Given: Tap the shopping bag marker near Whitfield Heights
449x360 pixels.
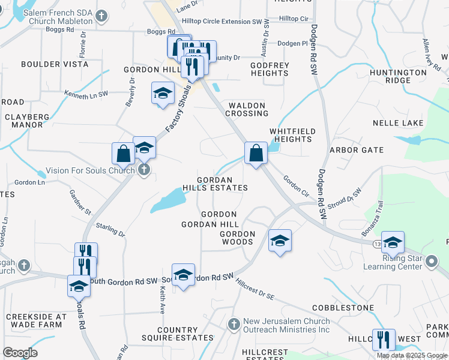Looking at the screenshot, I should (x=256, y=153).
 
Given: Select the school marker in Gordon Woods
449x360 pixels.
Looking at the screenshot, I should (x=280, y=241).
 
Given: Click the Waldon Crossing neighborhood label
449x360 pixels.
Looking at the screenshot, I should (x=247, y=109).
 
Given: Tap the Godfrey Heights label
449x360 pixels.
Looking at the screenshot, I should (x=270, y=69).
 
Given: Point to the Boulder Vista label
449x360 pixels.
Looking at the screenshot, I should (x=49, y=64).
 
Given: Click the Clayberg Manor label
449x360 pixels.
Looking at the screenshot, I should (x=28, y=121).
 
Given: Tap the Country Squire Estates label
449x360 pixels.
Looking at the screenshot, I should (x=177, y=334).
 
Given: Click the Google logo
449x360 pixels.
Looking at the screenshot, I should (x=20, y=352).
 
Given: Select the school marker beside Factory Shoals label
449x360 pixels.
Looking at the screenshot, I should (x=161, y=93).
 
